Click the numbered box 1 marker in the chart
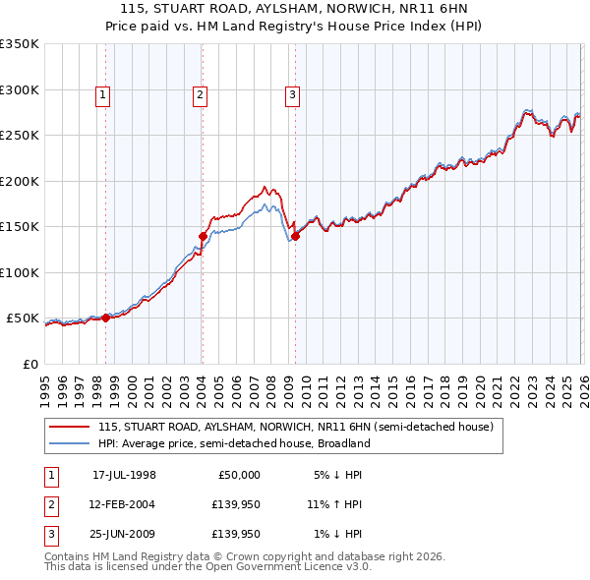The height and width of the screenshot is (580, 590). (x=103, y=95)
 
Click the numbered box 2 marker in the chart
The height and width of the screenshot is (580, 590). (x=200, y=95)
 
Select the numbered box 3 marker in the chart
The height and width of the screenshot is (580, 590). (x=293, y=95)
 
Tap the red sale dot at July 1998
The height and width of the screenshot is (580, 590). (x=106, y=318)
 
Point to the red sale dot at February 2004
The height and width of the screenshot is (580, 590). (x=203, y=236)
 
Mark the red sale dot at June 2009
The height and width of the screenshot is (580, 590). (x=295, y=236)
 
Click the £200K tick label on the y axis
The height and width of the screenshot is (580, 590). (x=19, y=181)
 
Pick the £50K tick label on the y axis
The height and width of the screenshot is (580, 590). (x=23, y=319)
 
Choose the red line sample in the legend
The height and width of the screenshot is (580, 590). (x=70, y=428)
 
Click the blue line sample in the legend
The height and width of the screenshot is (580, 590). (x=70, y=443)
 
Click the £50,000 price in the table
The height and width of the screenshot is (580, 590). (x=238, y=475)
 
